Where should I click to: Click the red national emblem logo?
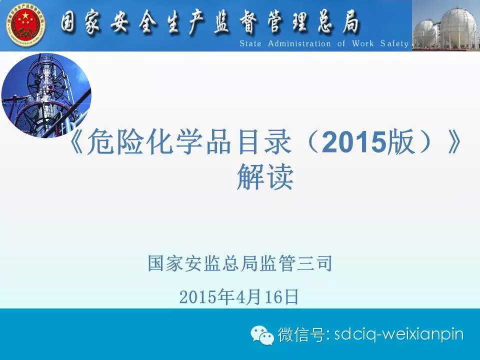click(25, 25)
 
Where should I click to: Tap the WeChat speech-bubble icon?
click(262, 334)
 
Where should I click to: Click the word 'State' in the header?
click(250, 43)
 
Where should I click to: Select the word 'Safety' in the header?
click(394, 44)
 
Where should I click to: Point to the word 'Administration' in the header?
click(299, 43)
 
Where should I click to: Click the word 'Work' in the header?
click(363, 43)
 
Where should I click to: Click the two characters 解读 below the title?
click(265, 177)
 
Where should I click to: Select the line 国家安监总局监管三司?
click(240, 263)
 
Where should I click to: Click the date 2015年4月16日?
click(239, 296)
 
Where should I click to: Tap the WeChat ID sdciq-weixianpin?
click(399, 334)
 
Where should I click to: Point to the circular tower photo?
click(46, 95)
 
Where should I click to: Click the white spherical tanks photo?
click(446, 25)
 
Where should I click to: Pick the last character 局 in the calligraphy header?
click(350, 23)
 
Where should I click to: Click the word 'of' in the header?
click(341, 43)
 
